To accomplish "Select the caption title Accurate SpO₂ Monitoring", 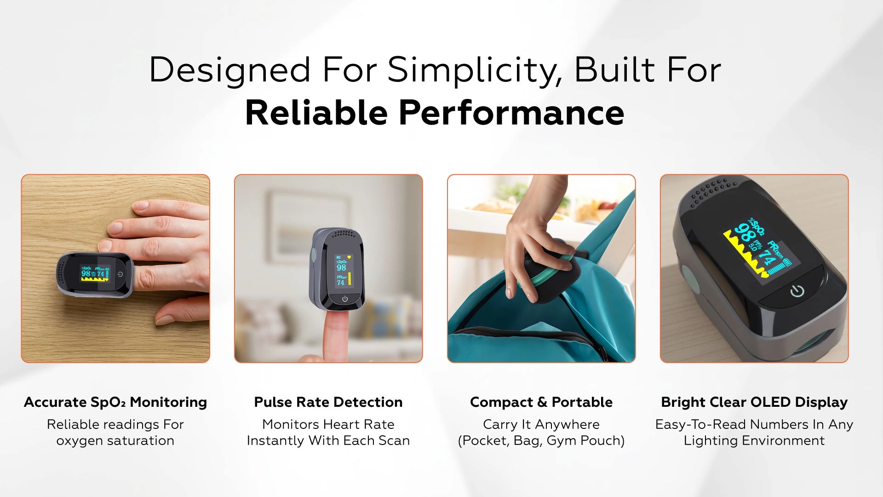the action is coord(115,402).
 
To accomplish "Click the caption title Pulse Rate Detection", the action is coord(328,402).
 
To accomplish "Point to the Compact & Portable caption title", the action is coord(541,402).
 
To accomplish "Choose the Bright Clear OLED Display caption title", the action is coord(754,402).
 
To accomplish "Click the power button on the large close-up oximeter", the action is coord(797,291).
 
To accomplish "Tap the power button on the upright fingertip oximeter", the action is coord(345,299).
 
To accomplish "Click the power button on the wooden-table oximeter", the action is coord(120,274).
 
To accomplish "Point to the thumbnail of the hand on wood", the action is coord(115,268).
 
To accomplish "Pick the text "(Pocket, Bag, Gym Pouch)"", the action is coord(541,440).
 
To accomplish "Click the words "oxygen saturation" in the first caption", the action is coord(115,440).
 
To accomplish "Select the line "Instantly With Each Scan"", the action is coord(328,440).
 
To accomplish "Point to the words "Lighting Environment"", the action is coord(754,440).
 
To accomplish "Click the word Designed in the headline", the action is coord(230,70).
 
